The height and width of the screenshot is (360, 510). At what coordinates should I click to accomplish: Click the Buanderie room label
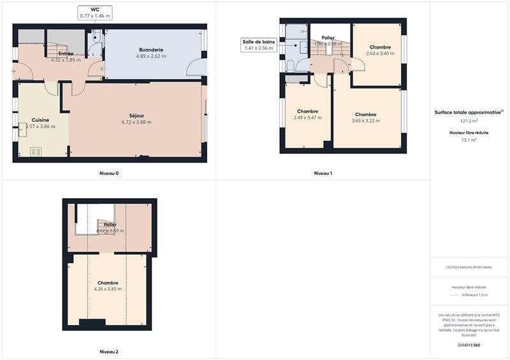point(151,49)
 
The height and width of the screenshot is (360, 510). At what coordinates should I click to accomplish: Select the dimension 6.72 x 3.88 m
point(136,122)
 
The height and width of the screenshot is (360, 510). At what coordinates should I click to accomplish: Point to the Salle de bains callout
point(258,45)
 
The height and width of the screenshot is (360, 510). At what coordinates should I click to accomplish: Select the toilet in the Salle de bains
point(291,66)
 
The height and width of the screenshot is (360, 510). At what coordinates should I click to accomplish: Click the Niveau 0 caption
point(109,173)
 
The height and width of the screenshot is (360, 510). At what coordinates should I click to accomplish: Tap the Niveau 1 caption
point(323,173)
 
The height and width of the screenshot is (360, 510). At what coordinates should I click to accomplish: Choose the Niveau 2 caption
point(109,352)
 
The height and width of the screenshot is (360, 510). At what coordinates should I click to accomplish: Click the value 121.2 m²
point(469,120)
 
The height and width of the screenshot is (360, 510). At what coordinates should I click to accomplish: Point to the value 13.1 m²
point(469,141)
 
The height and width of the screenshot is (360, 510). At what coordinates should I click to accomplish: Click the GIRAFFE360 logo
point(469,345)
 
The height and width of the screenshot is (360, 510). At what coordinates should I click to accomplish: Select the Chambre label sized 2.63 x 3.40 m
point(380,47)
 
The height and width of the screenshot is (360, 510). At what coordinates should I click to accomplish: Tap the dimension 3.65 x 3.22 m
point(366,121)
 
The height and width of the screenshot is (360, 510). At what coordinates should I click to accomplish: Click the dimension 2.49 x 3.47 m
point(307,117)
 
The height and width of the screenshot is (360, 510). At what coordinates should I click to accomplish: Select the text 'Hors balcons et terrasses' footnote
point(469,267)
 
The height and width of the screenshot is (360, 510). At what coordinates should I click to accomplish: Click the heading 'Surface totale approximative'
point(469,112)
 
